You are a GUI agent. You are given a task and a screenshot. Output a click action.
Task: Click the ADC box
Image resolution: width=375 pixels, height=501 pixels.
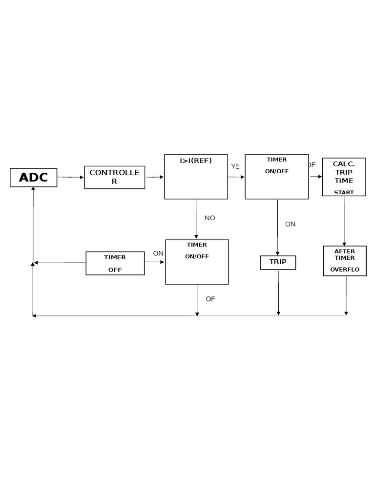[x=33, y=178]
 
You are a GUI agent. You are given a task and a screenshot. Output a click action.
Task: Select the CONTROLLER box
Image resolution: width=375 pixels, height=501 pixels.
[x=114, y=177]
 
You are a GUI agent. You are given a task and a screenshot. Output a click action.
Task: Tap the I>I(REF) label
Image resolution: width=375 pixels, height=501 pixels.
[x=195, y=160]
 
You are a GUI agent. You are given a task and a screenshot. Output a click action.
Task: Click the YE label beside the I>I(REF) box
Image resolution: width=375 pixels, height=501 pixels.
[x=235, y=166]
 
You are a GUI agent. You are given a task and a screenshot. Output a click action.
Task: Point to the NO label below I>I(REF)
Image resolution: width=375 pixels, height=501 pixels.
[x=210, y=218]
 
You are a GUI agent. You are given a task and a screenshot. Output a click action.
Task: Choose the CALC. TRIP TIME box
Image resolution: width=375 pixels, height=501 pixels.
[x=344, y=177]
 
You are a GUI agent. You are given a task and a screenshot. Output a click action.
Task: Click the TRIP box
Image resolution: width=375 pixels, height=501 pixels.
[x=278, y=262]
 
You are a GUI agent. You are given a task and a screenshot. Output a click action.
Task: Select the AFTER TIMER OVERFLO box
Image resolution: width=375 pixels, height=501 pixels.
[x=345, y=261]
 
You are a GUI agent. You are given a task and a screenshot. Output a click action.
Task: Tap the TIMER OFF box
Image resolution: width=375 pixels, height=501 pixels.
[x=115, y=263]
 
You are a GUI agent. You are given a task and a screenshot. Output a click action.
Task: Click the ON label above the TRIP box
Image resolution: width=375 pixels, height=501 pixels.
[x=291, y=224]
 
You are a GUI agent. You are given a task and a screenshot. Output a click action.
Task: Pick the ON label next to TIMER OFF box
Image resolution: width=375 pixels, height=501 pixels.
[x=158, y=253]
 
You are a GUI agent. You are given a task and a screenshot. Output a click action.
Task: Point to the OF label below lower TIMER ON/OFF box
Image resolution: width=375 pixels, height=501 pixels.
[x=210, y=299]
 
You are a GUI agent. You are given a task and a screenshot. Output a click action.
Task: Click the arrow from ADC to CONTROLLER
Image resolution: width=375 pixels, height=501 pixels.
[x=70, y=177]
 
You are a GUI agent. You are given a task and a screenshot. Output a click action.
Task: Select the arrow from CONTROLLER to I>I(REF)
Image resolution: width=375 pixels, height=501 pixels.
[x=155, y=177]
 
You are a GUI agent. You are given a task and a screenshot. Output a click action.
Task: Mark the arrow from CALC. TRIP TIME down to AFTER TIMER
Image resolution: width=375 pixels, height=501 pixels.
[x=344, y=220]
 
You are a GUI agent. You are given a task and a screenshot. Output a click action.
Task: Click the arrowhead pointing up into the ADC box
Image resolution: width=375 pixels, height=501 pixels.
[x=33, y=189]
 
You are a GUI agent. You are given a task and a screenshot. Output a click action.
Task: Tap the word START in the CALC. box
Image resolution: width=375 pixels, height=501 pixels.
[x=344, y=192]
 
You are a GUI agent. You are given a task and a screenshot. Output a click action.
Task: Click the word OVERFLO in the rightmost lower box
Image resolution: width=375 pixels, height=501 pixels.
[x=345, y=270]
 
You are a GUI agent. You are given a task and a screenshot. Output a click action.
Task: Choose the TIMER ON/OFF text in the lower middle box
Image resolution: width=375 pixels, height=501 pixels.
[x=197, y=250]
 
